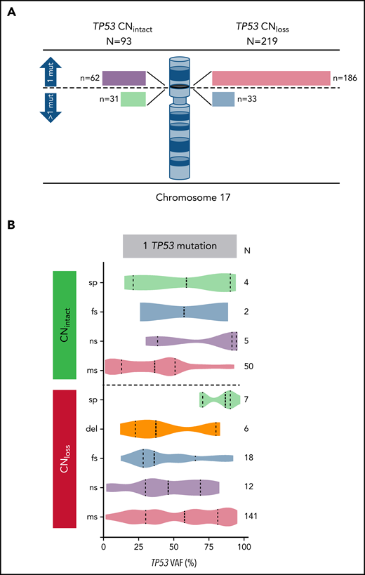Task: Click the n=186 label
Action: point(343,77)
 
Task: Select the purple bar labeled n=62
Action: point(124,77)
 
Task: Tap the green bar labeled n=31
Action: point(133,99)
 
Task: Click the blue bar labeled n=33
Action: point(223,98)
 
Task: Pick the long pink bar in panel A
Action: point(270,77)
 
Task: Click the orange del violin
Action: point(169,428)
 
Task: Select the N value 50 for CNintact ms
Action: point(248,366)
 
